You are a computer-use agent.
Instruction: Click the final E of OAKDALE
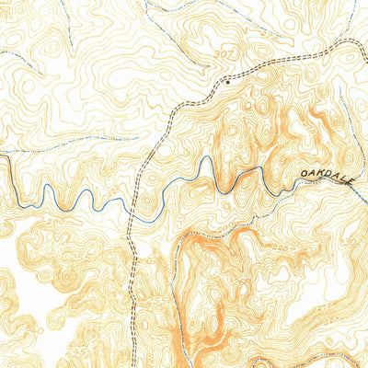(351, 183)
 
